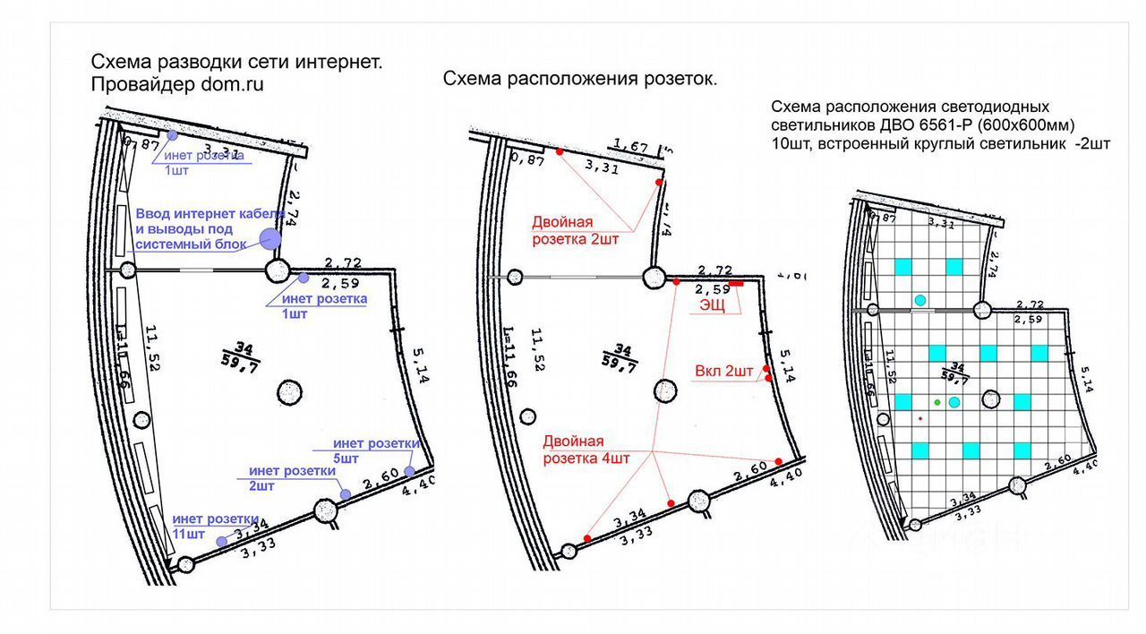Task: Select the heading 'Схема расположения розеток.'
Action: click(x=580, y=79)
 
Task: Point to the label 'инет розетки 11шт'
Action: click(x=215, y=527)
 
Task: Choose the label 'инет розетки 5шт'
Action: click(x=376, y=450)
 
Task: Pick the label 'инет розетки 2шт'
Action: click(x=293, y=478)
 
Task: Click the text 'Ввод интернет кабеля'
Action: click(x=210, y=215)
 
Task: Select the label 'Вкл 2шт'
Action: click(x=723, y=371)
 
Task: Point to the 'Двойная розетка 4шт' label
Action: click(x=586, y=450)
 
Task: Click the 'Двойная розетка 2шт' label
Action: click(x=575, y=230)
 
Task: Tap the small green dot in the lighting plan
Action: click(x=937, y=403)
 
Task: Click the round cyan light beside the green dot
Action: click(x=954, y=403)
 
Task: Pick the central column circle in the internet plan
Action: click(x=289, y=391)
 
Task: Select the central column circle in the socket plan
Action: click(x=664, y=390)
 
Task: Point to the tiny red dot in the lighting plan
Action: click(x=920, y=418)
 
